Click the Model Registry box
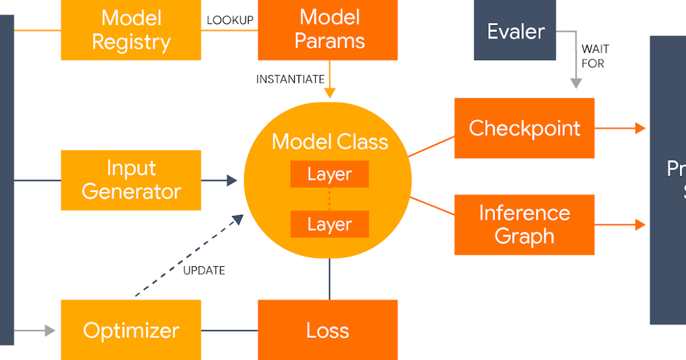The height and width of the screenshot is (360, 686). tap(131, 30)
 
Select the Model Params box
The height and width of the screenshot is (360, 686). tap(328, 30)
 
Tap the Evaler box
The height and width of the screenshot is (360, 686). tap(514, 31)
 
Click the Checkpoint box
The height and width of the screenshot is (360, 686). tap(524, 128)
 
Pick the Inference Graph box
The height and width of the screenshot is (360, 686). tap(524, 224)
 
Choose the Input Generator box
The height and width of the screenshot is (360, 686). tap(131, 180)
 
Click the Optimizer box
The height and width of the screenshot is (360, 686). tap(131, 330)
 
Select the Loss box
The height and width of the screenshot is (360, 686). tap(328, 330)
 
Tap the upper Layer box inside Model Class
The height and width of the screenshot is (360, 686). tap(329, 174)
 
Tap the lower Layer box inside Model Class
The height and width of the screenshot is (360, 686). tap(329, 224)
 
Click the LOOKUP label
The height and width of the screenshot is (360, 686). tap(230, 21)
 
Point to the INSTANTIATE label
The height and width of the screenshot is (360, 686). tap(290, 79)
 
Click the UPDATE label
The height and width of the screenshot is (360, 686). tap(204, 270)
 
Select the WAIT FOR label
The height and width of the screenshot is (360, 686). tap(595, 56)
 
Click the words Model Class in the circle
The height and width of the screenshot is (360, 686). tap(329, 142)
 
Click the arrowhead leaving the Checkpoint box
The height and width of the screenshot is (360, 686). tap(640, 128)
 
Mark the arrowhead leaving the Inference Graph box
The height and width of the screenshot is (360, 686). tap(640, 225)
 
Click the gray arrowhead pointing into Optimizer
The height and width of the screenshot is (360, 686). tap(50, 330)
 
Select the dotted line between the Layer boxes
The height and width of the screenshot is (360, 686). tap(329, 199)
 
